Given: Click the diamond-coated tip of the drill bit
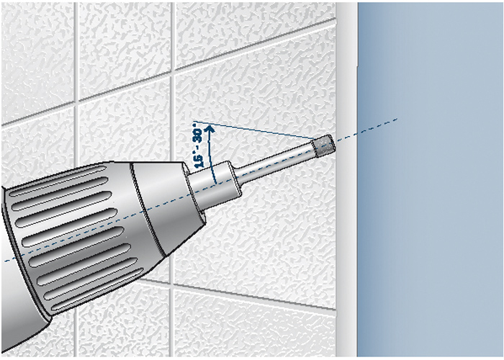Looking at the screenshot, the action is (324, 146).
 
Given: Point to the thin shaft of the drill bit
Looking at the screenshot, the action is (276, 163).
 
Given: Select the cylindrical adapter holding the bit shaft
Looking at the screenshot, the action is (214, 185).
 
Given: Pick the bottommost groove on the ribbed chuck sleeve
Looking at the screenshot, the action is (96, 290).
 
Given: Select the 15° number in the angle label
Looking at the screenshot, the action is (199, 161).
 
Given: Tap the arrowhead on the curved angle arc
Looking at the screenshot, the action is (210, 129).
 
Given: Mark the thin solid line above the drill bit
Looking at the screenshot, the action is (254, 130).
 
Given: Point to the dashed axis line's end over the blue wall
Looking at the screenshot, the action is (397, 120).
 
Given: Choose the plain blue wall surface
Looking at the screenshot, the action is (431, 180).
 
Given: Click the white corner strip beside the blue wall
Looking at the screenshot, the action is (346, 180).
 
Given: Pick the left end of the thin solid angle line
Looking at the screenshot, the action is (194, 122).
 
